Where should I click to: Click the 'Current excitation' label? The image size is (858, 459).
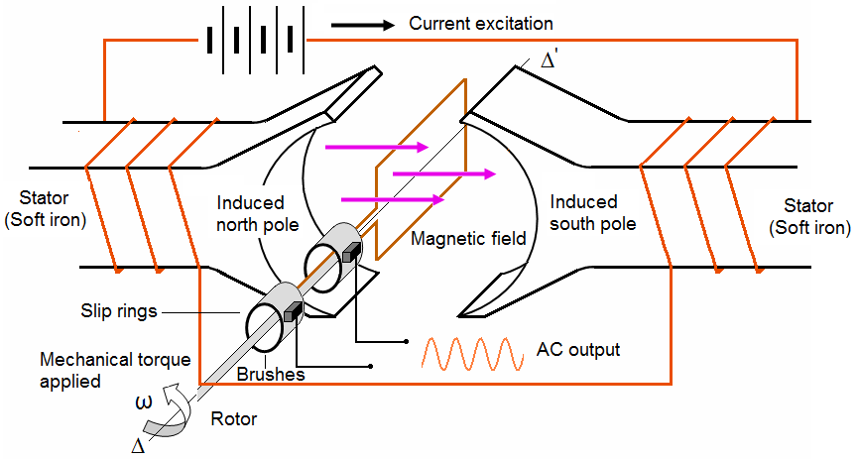(x=481, y=22)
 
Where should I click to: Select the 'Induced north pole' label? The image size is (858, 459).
(x=257, y=213)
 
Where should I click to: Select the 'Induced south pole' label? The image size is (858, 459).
(x=592, y=213)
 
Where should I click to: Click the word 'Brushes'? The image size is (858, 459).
(x=271, y=376)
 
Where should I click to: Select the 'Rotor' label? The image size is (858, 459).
(x=234, y=419)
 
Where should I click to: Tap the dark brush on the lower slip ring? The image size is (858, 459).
(x=293, y=312)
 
